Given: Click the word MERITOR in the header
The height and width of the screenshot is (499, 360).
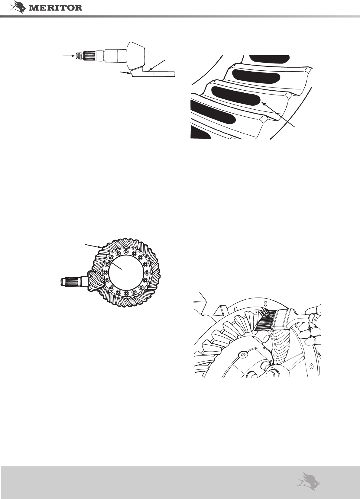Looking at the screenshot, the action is [x=56, y=8].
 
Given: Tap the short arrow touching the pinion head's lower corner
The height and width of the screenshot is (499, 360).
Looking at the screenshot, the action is [x=125, y=73].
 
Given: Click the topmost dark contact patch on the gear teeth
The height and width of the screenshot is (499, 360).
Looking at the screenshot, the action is [x=269, y=59].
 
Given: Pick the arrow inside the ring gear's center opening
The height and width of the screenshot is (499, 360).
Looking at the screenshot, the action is [x=115, y=264].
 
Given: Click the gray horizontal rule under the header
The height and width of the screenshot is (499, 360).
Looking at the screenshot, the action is [x=180, y=16].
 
